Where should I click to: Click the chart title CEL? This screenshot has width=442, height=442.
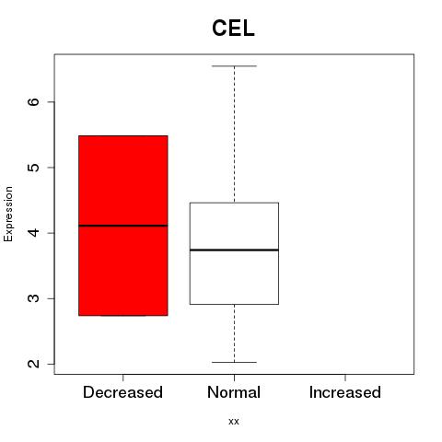(233, 29)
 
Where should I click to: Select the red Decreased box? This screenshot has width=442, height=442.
(123, 226)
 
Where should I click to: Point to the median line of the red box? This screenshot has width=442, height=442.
(123, 226)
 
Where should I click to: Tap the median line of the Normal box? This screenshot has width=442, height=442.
(234, 250)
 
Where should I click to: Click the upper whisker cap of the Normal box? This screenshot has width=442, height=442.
(234, 66)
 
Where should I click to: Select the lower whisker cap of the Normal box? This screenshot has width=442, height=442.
(234, 362)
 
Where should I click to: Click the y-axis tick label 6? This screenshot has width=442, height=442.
(34, 102)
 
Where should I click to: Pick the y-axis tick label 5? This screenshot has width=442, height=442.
(34, 168)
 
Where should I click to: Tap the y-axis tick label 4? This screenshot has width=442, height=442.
(34, 233)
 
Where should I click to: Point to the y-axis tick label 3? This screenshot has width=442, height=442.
(34, 298)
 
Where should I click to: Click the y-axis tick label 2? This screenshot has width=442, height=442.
(34, 364)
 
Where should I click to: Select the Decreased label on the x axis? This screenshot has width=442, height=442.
(122, 392)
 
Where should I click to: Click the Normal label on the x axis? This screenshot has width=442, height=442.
(234, 392)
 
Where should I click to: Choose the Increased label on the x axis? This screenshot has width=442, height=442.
(345, 392)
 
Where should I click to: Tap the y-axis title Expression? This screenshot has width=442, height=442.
(8, 214)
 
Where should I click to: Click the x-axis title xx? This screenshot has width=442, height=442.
(234, 422)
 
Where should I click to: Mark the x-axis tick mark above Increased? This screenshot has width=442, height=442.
(345, 378)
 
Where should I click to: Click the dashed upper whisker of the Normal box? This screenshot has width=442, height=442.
(234, 134)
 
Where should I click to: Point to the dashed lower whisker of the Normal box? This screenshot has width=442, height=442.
(234, 333)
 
